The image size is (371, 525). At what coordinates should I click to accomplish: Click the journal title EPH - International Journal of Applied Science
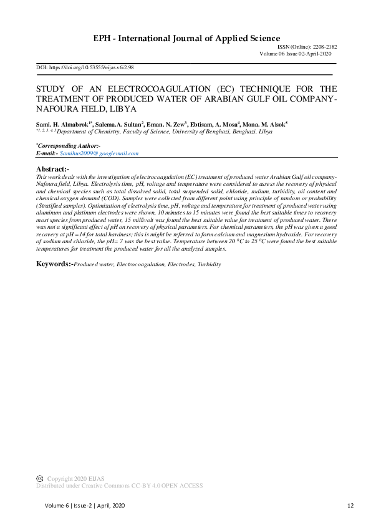[186, 39]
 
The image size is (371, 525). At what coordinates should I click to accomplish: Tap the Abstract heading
[52, 170]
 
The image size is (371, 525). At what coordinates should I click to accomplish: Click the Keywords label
[54, 264]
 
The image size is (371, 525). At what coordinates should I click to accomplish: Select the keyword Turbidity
[209, 264]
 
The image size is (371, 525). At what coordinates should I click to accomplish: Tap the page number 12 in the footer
[350, 504]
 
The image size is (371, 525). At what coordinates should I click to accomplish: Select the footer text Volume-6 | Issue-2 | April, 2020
[85, 504]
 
